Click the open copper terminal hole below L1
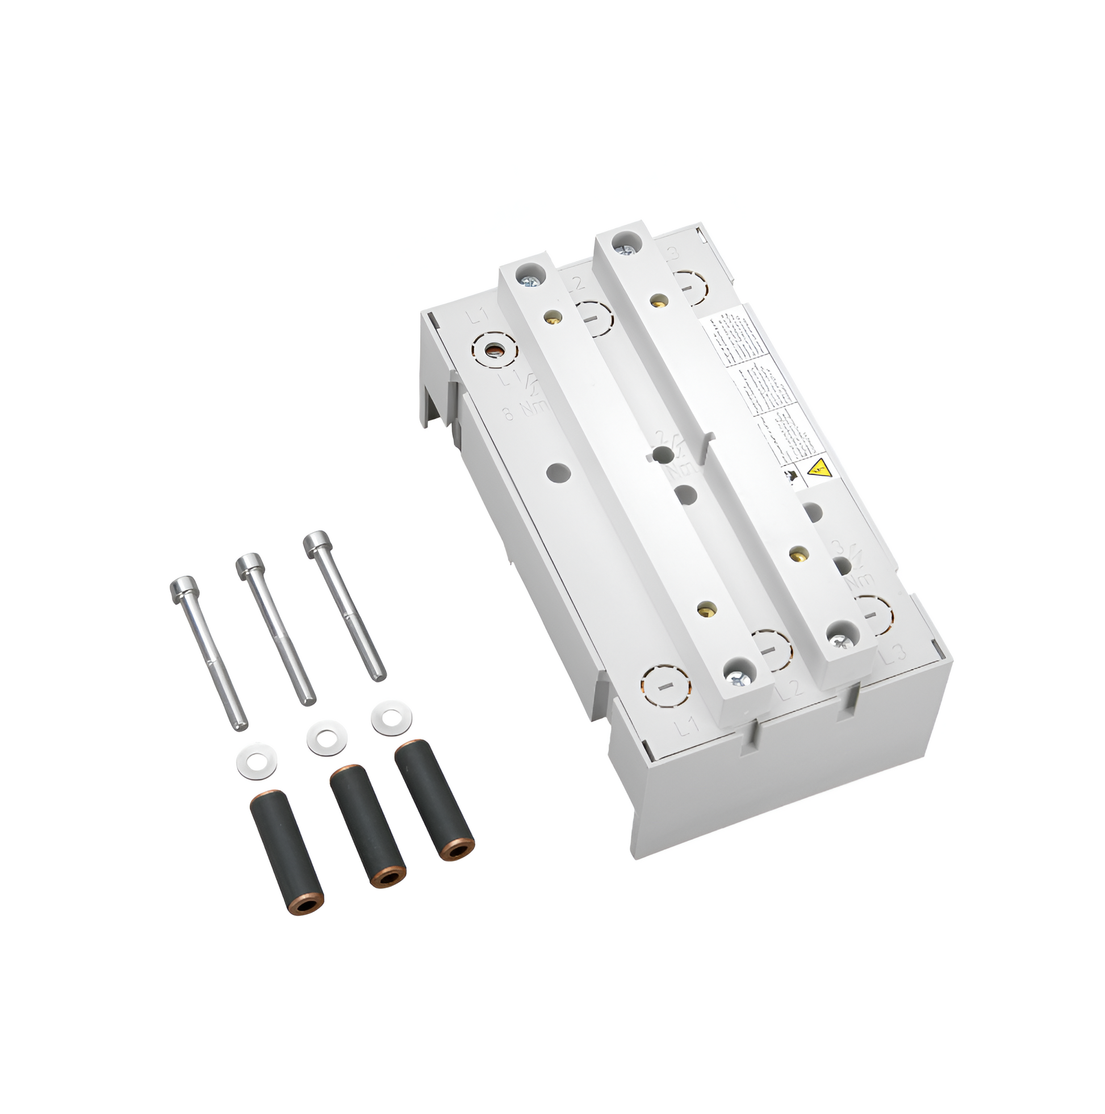tap(494, 350)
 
